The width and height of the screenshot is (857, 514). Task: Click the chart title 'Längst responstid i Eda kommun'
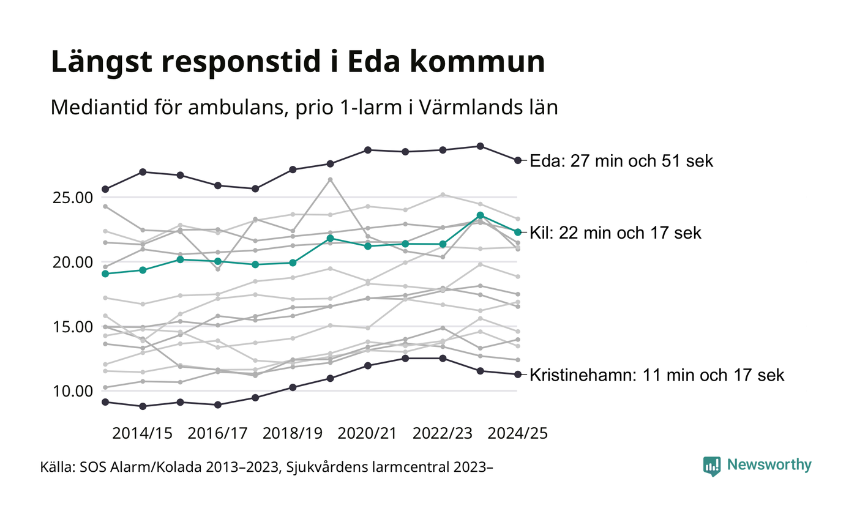tap(298, 62)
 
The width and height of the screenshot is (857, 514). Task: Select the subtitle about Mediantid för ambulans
tap(304, 108)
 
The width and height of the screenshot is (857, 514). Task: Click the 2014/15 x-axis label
tap(142, 433)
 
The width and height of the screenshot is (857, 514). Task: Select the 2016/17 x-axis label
tap(217, 433)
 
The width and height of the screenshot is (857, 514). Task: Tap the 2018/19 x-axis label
tap(293, 433)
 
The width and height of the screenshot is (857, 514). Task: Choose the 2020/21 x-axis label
tap(368, 433)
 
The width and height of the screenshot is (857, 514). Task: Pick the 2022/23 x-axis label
tap(443, 433)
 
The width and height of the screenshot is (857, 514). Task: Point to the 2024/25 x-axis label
tap(517, 433)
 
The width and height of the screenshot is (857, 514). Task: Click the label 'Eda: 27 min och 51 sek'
tap(621, 161)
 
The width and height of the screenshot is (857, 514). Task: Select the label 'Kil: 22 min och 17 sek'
tap(615, 233)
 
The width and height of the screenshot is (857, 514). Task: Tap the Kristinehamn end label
tap(657, 375)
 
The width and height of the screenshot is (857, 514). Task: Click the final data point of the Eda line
tap(518, 160)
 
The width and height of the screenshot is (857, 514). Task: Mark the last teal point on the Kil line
tap(518, 232)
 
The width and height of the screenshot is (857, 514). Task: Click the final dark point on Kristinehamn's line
tap(518, 374)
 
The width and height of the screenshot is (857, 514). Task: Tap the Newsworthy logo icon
tap(712, 466)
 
